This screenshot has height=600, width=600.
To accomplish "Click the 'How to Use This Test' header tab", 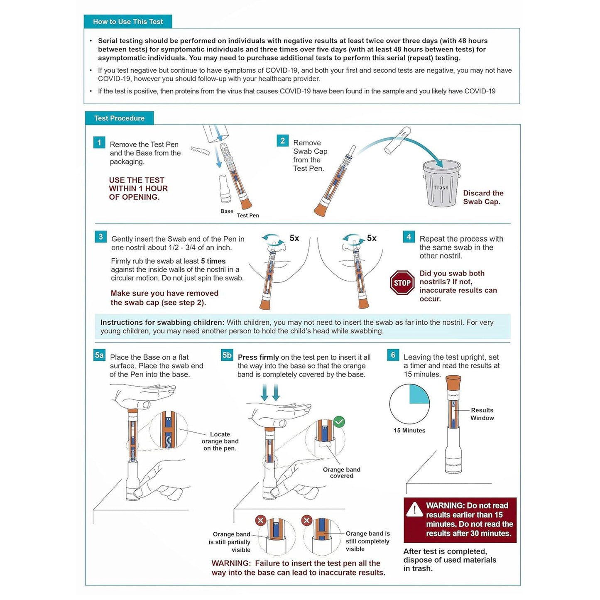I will coord(128,22).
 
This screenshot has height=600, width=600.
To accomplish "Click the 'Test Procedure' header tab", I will coord(119,118).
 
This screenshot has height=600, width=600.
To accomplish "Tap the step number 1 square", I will coord(99,143).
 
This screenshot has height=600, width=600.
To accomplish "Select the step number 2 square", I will coord(282,141).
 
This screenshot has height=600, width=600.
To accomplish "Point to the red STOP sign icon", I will coord(402,283).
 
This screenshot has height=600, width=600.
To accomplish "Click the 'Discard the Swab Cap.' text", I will coord(483,197).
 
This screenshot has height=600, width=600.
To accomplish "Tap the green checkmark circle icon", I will coord(339,422).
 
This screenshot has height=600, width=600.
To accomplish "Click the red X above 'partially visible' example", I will coord(261,520).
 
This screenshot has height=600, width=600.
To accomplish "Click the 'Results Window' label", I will coord(482,414).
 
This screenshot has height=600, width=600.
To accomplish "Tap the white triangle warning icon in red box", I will coord(414,509).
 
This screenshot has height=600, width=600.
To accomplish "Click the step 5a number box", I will coord(99,355).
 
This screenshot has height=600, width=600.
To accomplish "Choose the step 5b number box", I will coord(227,355).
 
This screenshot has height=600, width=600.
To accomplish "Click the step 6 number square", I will coord(393,355).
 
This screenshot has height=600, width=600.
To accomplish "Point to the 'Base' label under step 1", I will coord(227,211).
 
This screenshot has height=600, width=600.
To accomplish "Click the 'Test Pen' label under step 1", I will coord(248,215).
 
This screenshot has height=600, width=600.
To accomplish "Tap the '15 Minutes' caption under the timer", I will coord(409,430).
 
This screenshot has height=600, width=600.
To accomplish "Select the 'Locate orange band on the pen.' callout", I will coord(220,441).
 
